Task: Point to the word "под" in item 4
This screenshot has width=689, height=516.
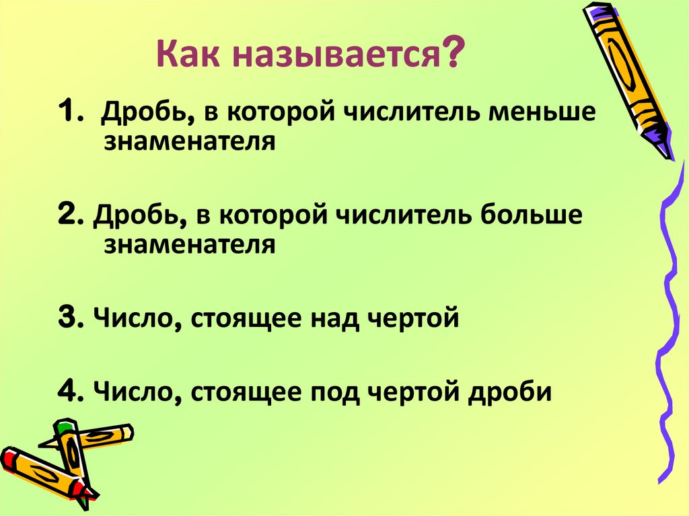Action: pyautogui.click(x=332, y=390)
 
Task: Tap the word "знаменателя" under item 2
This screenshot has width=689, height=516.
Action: pyautogui.click(x=190, y=244)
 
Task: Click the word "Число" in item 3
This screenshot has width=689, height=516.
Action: pyautogui.click(x=137, y=318)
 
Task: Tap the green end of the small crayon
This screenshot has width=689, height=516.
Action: pyautogui.click(x=65, y=426)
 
